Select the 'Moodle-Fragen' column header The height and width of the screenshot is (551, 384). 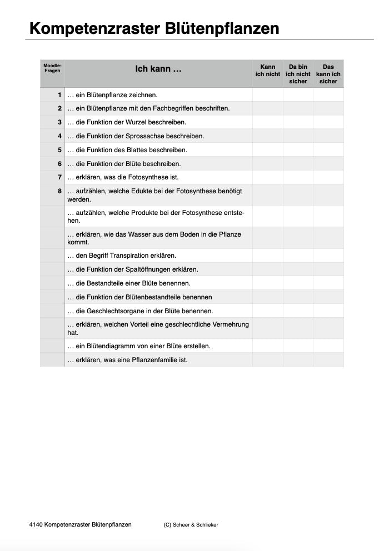[x=52, y=68]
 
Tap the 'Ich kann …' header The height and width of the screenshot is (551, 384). [x=158, y=69]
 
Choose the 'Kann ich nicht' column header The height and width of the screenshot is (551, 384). [x=267, y=71]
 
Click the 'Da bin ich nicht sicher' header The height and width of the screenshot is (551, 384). [x=298, y=74]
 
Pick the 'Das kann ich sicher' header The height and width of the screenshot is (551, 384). [x=328, y=74]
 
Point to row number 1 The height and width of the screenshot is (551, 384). [x=59, y=95]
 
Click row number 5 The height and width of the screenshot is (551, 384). [x=59, y=150]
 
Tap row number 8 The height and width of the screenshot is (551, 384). [x=59, y=191]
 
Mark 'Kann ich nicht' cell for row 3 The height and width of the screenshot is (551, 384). [x=267, y=122]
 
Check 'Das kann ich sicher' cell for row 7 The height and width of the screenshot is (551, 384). [x=328, y=178]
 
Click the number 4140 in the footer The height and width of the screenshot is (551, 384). [x=35, y=524]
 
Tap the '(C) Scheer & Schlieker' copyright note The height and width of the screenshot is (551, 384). [x=191, y=525]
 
